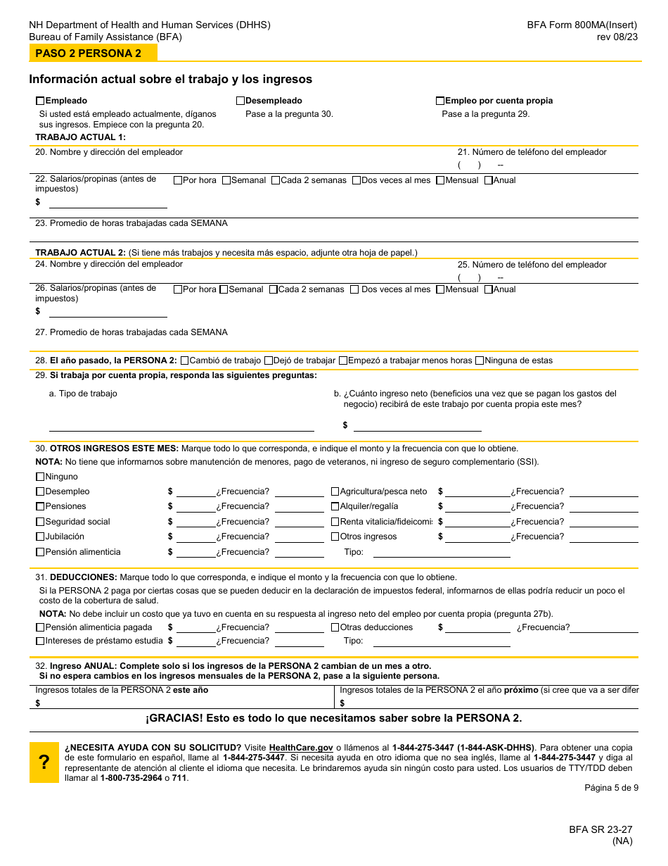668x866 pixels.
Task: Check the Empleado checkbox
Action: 40,101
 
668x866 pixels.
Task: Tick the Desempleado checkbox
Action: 240,101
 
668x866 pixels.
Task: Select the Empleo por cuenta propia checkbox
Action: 440,101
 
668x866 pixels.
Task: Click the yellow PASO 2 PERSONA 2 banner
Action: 93,54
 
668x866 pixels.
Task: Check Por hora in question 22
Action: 178,180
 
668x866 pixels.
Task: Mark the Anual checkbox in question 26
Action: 489,289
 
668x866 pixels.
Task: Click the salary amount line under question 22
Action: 108,203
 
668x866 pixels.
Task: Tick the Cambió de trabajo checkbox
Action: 185,360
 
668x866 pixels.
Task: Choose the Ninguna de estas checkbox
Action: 480,360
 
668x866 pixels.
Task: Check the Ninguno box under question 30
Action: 40,477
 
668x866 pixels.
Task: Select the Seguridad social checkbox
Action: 40,522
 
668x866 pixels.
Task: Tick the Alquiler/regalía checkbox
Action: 335,506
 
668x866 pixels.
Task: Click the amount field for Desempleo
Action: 195,492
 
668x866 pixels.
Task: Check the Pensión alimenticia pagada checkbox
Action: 40,627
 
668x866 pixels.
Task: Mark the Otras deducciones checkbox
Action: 335,627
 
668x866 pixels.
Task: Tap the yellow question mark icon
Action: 44,762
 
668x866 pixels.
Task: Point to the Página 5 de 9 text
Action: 611,788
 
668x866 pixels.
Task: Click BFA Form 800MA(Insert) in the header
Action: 582,25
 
